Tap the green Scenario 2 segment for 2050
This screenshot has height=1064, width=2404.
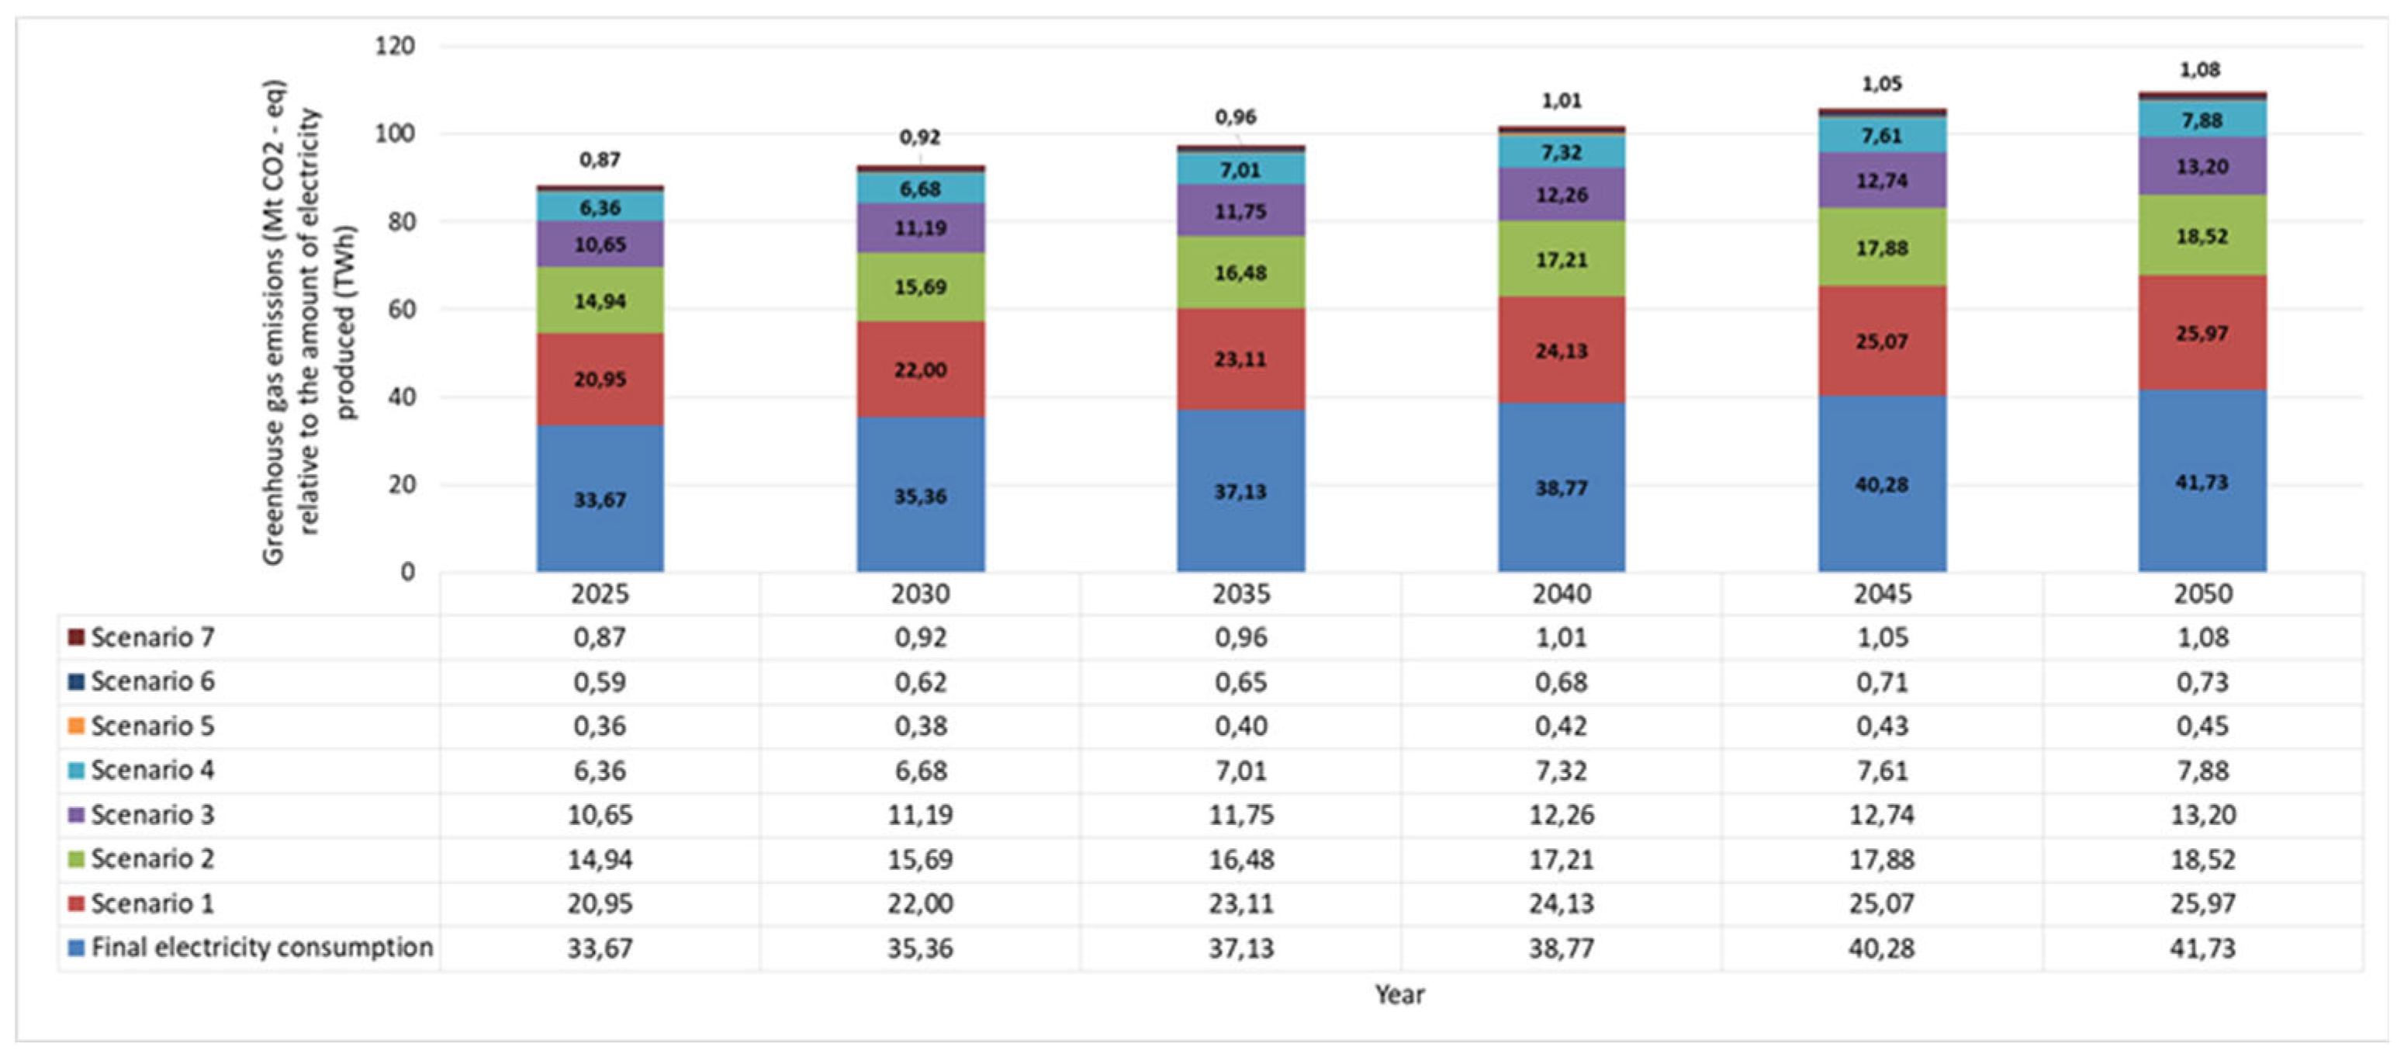[x=2202, y=235]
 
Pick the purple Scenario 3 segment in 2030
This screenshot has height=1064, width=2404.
[x=920, y=227]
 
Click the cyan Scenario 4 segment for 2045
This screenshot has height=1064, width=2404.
[x=1881, y=135]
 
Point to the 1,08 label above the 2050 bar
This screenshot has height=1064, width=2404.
[x=2200, y=70]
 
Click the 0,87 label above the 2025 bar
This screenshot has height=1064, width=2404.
[x=599, y=160]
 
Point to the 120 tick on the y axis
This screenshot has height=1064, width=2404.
[x=394, y=46]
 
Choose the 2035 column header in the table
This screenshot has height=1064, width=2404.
[x=1240, y=594]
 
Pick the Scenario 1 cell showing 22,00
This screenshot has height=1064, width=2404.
[x=920, y=903]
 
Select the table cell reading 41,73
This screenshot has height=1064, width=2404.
[x=2202, y=948]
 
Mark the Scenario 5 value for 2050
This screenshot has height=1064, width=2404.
[x=2202, y=726]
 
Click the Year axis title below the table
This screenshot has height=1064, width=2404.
[x=1399, y=995]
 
